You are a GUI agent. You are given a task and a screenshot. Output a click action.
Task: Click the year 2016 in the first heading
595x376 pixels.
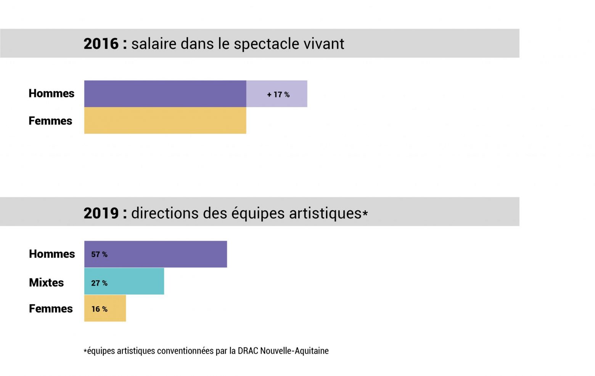point(101,44)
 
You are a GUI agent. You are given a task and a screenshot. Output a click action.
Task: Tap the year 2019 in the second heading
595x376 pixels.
point(101,213)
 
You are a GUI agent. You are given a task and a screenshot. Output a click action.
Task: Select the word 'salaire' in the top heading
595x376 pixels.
point(154,44)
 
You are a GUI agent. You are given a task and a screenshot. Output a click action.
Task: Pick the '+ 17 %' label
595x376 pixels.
point(278,95)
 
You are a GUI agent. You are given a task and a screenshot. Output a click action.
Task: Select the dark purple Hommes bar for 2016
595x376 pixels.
point(165,94)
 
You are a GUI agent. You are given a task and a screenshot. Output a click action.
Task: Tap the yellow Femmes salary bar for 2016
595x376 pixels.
point(165,121)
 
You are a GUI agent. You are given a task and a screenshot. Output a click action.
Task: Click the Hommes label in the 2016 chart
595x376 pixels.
point(51,93)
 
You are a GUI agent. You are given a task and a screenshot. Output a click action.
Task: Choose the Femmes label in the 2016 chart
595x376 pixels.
point(50,121)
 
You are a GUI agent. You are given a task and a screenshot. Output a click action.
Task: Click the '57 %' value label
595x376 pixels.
point(99,254)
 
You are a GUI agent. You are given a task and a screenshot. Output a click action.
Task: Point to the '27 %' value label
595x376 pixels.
point(99,283)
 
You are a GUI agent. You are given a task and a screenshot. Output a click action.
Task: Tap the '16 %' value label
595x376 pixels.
point(99,309)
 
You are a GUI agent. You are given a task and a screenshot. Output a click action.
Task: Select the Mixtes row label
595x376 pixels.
point(47,283)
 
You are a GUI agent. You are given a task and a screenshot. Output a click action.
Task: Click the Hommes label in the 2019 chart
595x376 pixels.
point(52,254)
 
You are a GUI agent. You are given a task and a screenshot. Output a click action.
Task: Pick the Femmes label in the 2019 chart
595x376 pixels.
point(51,309)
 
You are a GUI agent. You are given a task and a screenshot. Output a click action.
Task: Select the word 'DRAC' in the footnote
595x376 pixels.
point(248,351)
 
